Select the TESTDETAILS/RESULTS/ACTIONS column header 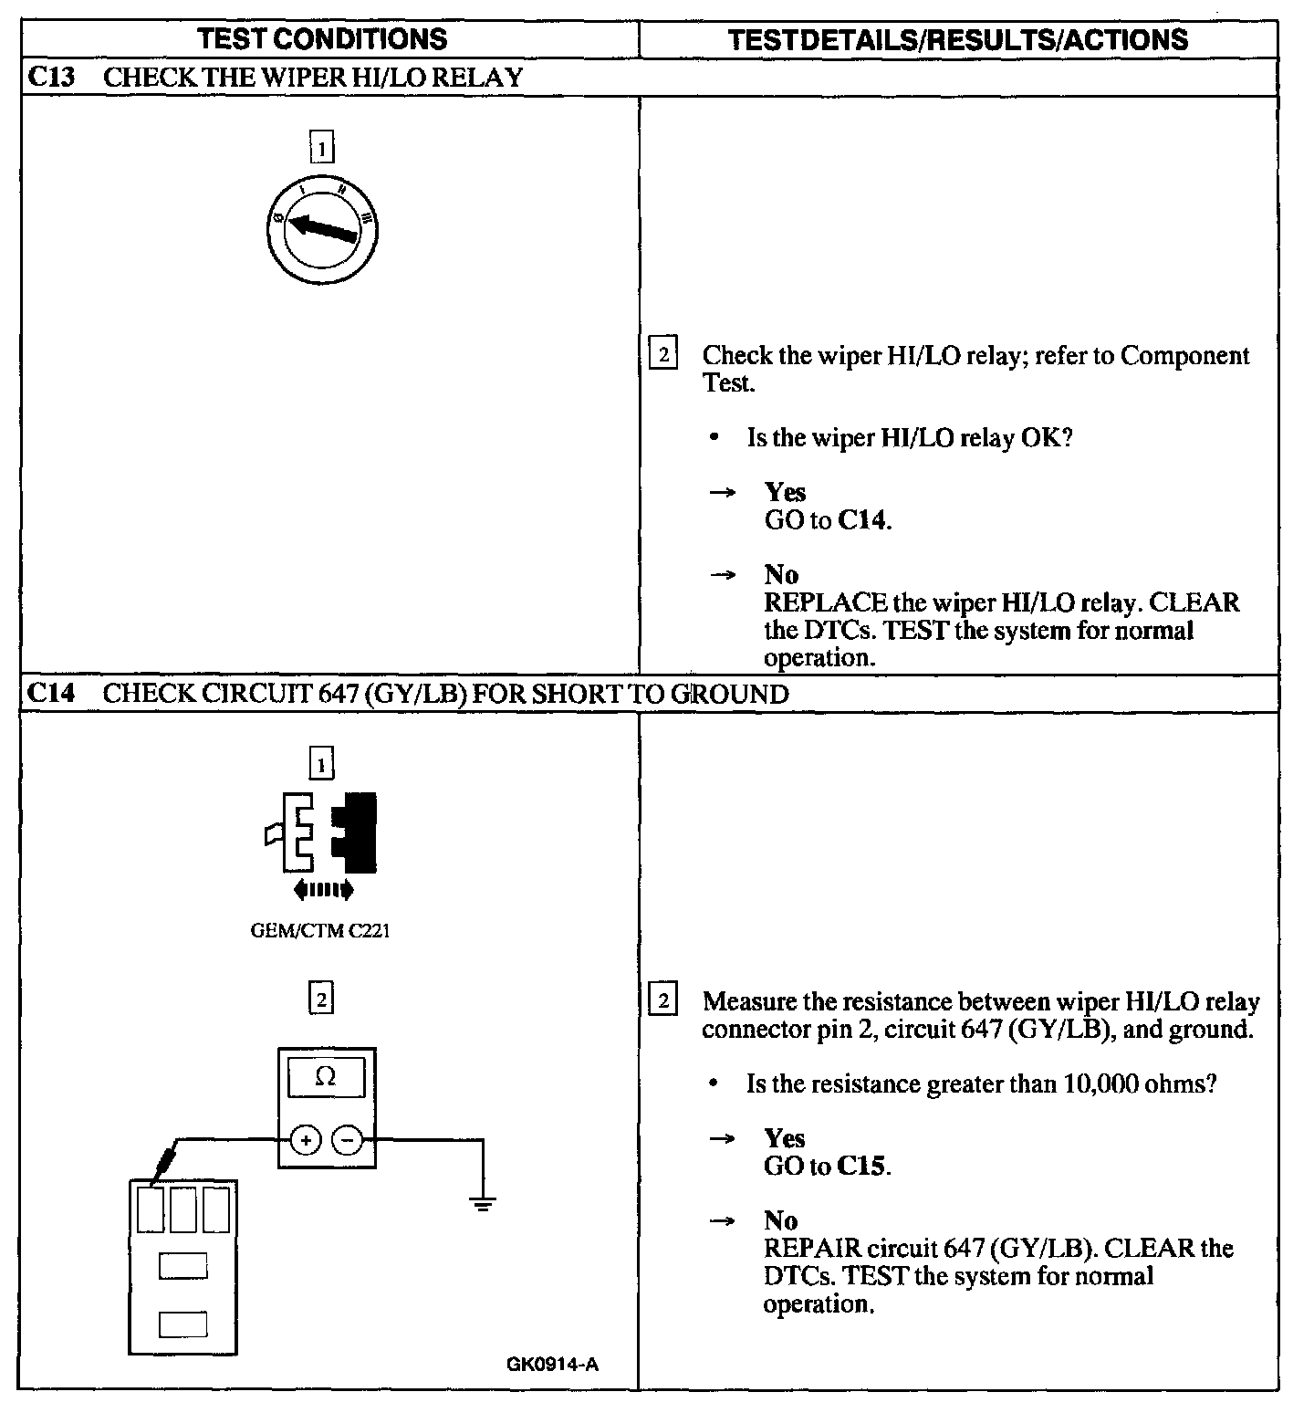click(958, 39)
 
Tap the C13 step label click(51, 77)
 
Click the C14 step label click(51, 694)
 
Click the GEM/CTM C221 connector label click(320, 932)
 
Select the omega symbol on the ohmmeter click(325, 1077)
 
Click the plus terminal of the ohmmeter click(306, 1140)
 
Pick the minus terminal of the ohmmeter click(346, 1140)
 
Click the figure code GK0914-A click(552, 1365)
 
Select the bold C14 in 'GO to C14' click(862, 520)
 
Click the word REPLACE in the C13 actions click(825, 603)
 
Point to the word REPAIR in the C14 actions click(812, 1249)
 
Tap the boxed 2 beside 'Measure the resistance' click(662, 1001)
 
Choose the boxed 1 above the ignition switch click(322, 147)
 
